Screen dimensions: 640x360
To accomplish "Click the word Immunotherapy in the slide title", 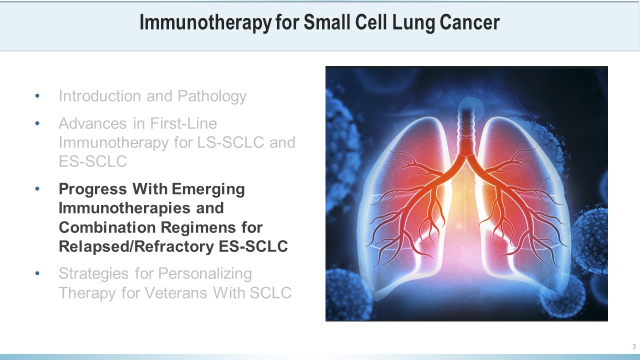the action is click(205, 22).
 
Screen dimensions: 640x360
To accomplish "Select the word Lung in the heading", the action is click(413, 23).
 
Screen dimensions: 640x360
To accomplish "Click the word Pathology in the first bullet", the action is click(212, 96).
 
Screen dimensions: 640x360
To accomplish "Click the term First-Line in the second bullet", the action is click(183, 123).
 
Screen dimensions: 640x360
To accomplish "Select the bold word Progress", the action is click(93, 189).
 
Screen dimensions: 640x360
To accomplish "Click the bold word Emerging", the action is click(208, 189).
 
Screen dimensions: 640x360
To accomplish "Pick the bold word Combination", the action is click(107, 227).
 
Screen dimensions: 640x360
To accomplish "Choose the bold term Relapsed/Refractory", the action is click(136, 246).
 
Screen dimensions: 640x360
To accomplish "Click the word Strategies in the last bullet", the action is click(93, 273).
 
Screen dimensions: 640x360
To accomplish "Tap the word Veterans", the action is click(175, 293).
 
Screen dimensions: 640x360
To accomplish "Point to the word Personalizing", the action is click(205, 273).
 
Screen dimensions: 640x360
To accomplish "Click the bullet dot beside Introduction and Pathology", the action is click(37, 96).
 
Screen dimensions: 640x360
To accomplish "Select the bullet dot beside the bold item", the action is click(37, 189).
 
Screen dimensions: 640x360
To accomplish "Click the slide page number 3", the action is click(634, 346).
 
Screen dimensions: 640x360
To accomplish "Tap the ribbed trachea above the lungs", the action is click(466, 125).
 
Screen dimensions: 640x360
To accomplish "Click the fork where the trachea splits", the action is click(466, 159).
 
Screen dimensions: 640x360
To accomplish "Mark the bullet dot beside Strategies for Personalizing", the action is click(37, 273).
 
